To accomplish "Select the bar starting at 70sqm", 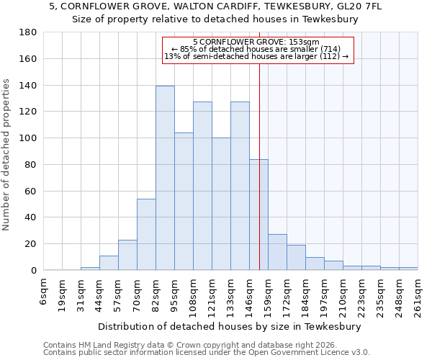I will pos(146,234).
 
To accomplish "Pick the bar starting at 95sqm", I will pos(184,201).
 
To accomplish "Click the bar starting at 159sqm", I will pos(277,252).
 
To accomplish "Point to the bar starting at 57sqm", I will pos(127,255).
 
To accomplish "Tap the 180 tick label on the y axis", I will pos(28,32).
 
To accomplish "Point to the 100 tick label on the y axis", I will pos(28,138).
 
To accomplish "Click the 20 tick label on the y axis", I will pos(31,244).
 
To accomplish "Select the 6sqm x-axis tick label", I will pos(44,291).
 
